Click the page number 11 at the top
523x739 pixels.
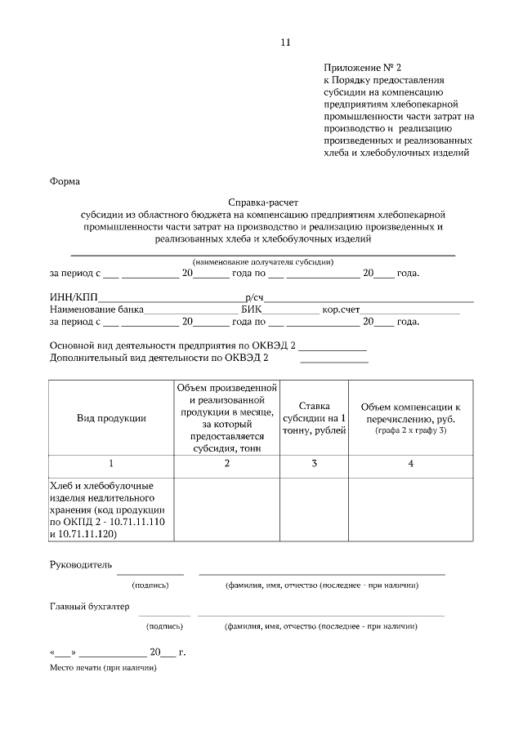(284, 42)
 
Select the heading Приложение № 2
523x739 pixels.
(363, 68)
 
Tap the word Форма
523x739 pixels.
(65, 181)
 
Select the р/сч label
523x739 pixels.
(254, 297)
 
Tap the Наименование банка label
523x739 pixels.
(96, 309)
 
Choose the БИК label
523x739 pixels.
(251, 309)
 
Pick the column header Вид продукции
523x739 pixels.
(111, 418)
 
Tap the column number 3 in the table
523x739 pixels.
(314, 464)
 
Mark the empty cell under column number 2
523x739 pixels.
(226, 510)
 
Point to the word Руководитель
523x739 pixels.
(80, 564)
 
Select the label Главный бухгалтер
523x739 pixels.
(89, 605)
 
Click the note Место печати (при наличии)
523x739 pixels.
(102, 667)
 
